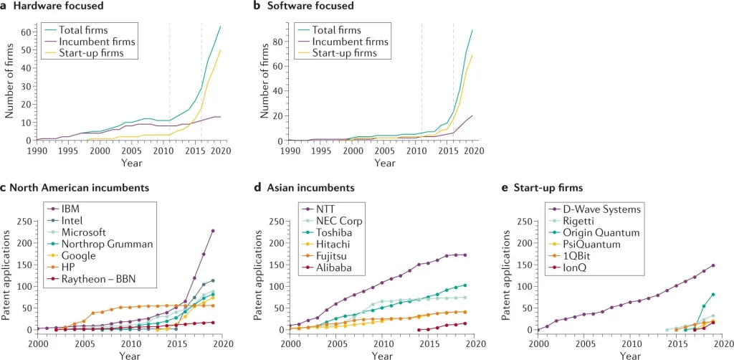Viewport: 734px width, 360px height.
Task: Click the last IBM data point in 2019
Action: [213, 231]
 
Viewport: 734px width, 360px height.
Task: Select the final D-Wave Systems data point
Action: [712, 266]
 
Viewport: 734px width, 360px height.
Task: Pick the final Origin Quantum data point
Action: [712, 295]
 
